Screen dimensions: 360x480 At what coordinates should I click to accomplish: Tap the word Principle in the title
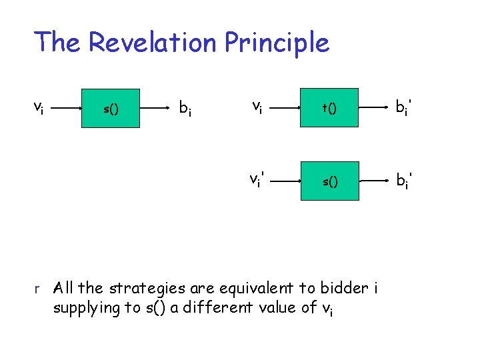pos(277,43)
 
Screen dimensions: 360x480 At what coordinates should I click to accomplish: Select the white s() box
pos(111,108)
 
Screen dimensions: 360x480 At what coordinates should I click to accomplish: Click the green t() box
pos(329,108)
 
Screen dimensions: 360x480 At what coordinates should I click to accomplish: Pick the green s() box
pos(329,181)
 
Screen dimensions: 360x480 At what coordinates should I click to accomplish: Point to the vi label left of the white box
pos(39,107)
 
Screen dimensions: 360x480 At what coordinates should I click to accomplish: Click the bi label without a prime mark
pos(185,108)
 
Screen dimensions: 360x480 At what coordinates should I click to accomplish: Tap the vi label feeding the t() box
pos(256,107)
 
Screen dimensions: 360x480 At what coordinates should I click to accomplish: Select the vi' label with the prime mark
pos(258,180)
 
